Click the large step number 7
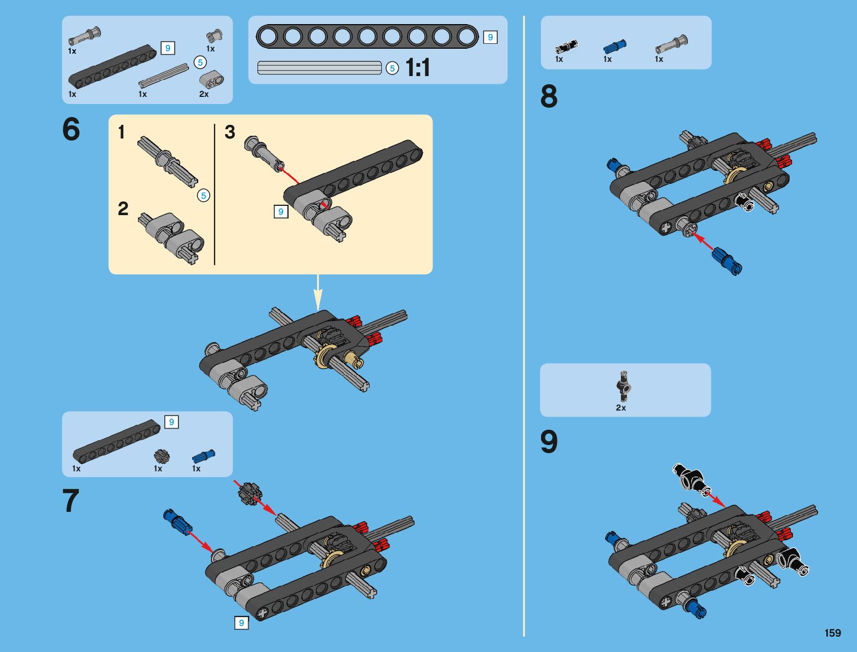click(71, 500)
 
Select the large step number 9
click(549, 442)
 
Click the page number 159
click(833, 632)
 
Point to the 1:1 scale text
click(418, 67)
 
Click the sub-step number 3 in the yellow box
click(230, 132)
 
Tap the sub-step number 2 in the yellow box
click(123, 209)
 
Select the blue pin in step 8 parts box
click(615, 47)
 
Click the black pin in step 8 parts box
click(567, 47)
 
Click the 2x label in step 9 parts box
click(621, 408)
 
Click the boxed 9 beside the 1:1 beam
click(491, 37)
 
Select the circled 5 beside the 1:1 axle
click(393, 68)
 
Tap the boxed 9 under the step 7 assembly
click(241, 623)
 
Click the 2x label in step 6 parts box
click(204, 94)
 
